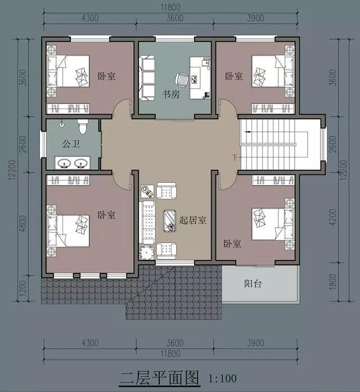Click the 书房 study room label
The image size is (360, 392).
[171, 94]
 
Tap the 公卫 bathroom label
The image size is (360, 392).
[71, 144]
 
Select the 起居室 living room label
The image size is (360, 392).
[193, 220]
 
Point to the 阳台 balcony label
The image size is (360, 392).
[253, 283]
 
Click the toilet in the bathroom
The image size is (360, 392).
[83, 127]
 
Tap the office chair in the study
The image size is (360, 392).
[182, 80]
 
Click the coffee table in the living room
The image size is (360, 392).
[170, 221]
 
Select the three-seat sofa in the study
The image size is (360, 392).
[147, 78]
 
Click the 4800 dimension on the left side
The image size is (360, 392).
[22, 224]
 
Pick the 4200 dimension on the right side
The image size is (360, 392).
[333, 217]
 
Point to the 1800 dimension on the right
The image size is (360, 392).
[333, 282]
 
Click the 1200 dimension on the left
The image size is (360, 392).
[22, 288]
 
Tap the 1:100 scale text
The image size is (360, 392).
[223, 379]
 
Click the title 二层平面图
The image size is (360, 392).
[159, 377]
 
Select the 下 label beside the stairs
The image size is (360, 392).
[235, 157]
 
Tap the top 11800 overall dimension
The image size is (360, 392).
[170, 7]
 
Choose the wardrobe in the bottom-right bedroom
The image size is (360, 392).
[273, 180]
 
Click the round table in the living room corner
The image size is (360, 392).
[147, 253]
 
